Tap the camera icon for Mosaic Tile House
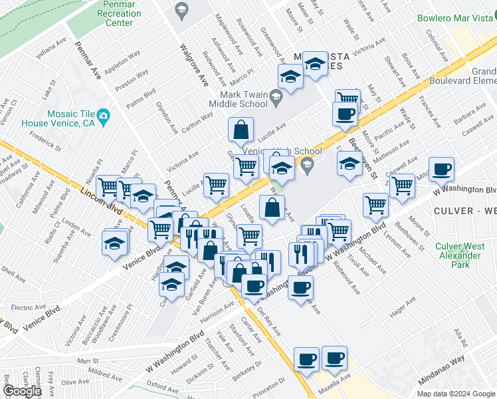pos(104,117)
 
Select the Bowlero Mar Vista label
pos(456,18)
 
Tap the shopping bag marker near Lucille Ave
pos(241,130)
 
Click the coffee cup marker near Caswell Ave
pos(441,170)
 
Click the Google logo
pos(22,391)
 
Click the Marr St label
pos(88,360)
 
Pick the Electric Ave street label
pos(28,307)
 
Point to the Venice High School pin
pos(307,164)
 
